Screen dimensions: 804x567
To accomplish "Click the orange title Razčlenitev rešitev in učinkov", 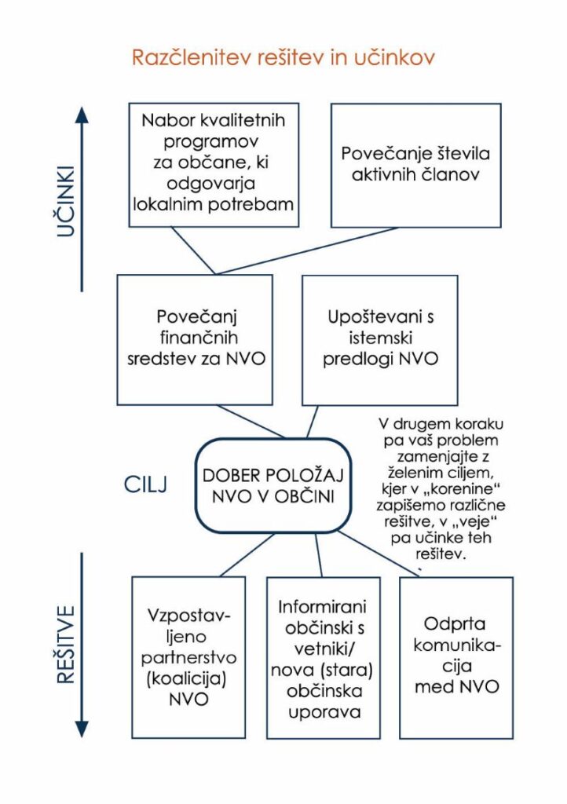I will (x=283, y=59).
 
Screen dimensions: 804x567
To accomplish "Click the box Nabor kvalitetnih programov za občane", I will (x=214, y=165).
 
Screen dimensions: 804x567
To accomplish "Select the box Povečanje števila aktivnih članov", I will (x=415, y=165).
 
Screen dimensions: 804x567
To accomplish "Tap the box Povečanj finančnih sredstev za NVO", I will (x=195, y=338).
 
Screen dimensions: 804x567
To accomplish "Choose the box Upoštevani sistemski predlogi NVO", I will (x=382, y=338).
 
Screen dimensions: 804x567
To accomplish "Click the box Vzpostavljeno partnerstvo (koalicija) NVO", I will (x=189, y=656).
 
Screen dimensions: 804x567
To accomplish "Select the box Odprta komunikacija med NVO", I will (x=456, y=656).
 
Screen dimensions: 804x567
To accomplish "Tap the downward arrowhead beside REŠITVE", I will (x=82, y=728).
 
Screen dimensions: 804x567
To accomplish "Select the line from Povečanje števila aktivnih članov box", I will (x=314, y=250).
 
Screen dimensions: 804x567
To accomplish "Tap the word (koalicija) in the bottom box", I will (x=189, y=677).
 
